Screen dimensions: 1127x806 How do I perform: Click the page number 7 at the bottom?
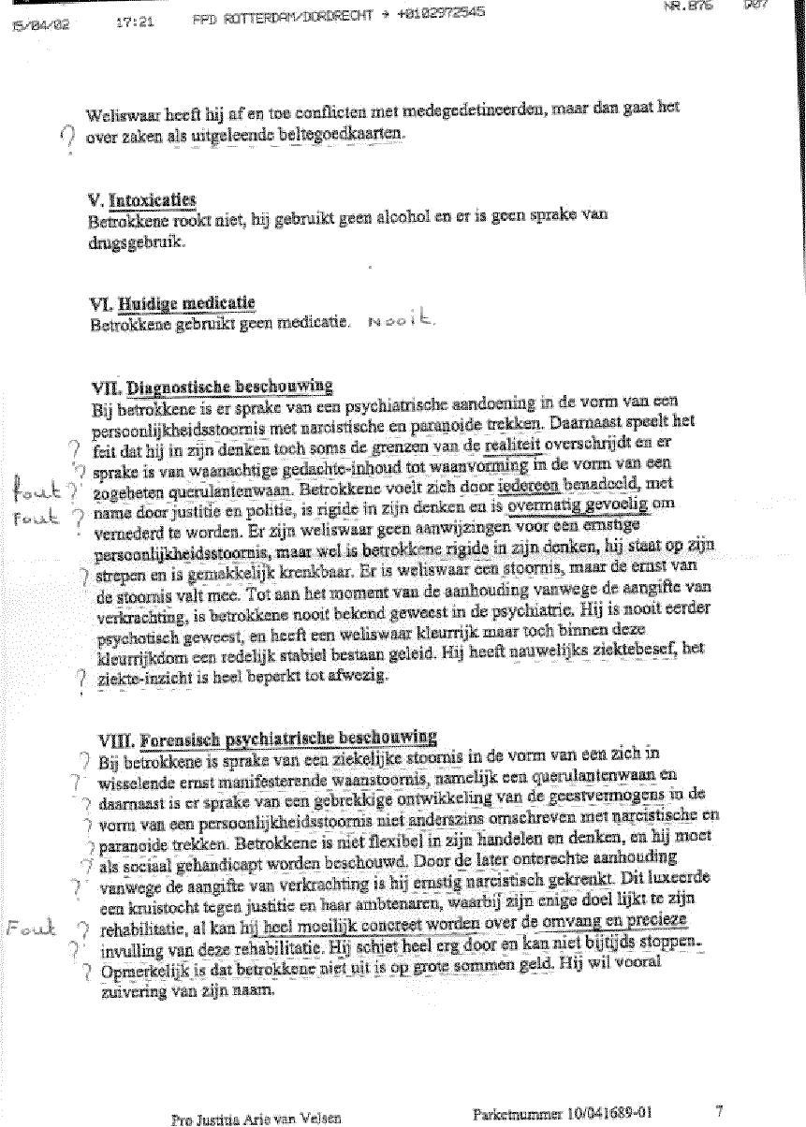(x=719, y=1111)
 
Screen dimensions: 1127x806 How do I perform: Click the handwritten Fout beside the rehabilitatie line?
(x=27, y=929)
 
